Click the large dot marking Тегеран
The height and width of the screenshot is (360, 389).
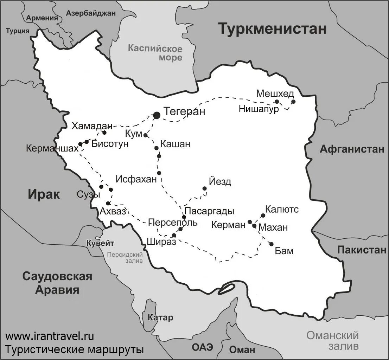pyautogui.click(x=157, y=115)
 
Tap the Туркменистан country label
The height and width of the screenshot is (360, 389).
pyautogui.click(x=272, y=29)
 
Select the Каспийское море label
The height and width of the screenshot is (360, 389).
pyautogui.click(x=155, y=53)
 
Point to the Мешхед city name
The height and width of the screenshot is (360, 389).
pyautogui.click(x=275, y=94)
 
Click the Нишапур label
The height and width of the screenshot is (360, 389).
pyautogui.click(x=259, y=109)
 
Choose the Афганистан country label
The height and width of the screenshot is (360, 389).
pyautogui.click(x=352, y=149)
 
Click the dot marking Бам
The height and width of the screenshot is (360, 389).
pyautogui.click(x=272, y=244)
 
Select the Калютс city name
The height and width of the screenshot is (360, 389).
pyautogui.click(x=282, y=210)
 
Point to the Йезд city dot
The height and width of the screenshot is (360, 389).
pyautogui.click(x=204, y=188)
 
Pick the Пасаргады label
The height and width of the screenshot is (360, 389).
pyautogui.click(x=209, y=211)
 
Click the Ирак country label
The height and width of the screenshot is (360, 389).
pyautogui.click(x=44, y=194)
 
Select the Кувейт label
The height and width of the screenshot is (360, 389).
pyautogui.click(x=100, y=243)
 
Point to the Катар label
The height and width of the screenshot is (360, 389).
pyautogui.click(x=160, y=318)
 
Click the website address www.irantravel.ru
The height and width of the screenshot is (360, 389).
pyautogui.click(x=50, y=337)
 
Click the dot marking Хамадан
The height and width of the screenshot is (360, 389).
pyautogui.click(x=104, y=133)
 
